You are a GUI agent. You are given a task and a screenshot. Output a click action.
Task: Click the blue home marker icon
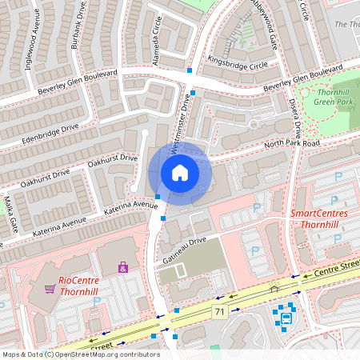pos(180,173)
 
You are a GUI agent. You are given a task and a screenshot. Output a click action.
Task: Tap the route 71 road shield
pos(218,310)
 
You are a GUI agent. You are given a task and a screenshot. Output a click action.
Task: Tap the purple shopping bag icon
pos(122,267)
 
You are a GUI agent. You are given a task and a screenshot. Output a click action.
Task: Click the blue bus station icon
pos(286,319)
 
